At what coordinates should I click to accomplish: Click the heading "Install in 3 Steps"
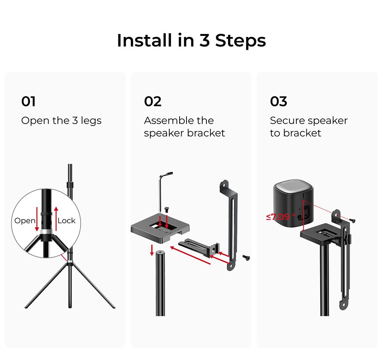coord(191,41)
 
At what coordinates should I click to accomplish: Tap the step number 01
coord(28,102)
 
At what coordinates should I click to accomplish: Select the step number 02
coord(152,102)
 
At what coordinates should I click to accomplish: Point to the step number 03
coord(278,102)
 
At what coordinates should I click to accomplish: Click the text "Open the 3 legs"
coord(61,121)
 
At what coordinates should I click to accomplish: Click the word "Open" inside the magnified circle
coord(25,221)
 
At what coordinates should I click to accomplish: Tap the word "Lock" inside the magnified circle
coord(67,221)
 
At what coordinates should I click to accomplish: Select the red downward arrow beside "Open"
coord(37,218)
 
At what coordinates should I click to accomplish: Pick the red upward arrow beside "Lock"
coord(56,218)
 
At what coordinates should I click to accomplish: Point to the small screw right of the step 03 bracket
coord(352,220)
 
